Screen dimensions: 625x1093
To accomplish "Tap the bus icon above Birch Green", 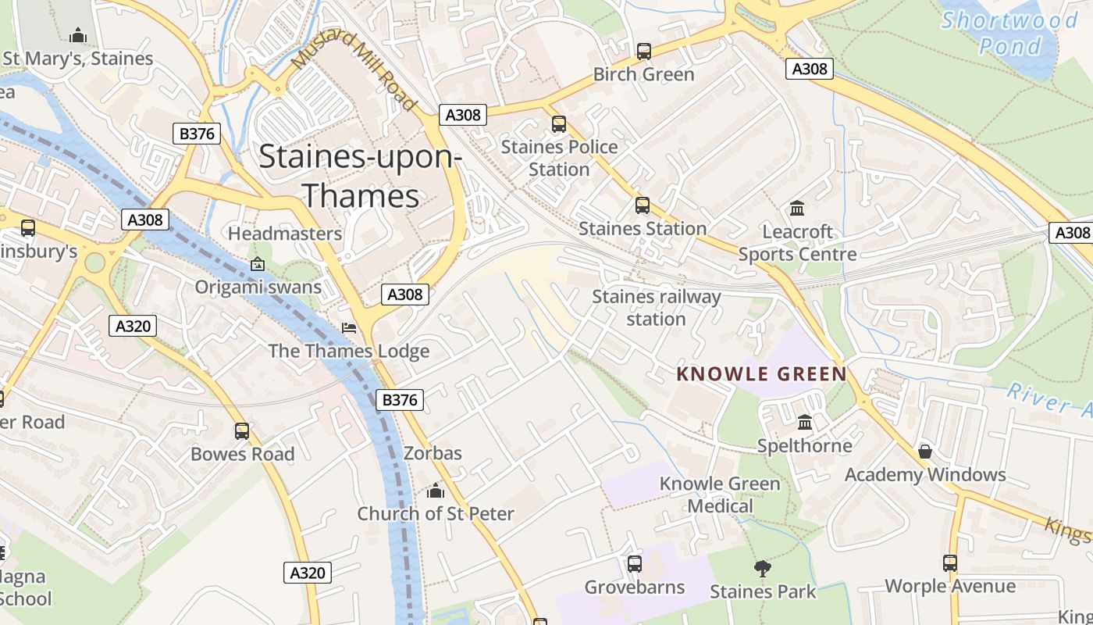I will (644, 52).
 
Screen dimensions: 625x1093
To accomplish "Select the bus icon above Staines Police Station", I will (559, 124).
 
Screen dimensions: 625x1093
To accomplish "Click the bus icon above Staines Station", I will (643, 205).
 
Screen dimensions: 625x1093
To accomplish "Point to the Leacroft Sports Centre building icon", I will (797, 209).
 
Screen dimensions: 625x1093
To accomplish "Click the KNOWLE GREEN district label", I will (761, 374).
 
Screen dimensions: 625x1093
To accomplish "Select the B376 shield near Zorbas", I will (400, 400).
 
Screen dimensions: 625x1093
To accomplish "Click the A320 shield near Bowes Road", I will (133, 326).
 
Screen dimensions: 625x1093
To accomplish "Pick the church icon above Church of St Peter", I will (436, 491).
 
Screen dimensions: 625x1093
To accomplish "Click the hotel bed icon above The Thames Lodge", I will (349, 327).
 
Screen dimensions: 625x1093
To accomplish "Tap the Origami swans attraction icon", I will (258, 264).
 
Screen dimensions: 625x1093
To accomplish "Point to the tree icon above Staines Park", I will (763, 568).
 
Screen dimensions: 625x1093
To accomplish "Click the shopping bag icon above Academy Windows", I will (925, 452).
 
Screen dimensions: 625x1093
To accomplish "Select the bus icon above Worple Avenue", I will (950, 563).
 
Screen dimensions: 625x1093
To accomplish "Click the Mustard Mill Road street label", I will (355, 72).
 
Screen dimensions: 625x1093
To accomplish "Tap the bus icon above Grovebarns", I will (635, 564).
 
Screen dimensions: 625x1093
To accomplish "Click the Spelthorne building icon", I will (805, 423).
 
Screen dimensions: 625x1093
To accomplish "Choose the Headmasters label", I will (285, 234).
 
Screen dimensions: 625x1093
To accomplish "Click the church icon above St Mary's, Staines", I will (78, 35).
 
